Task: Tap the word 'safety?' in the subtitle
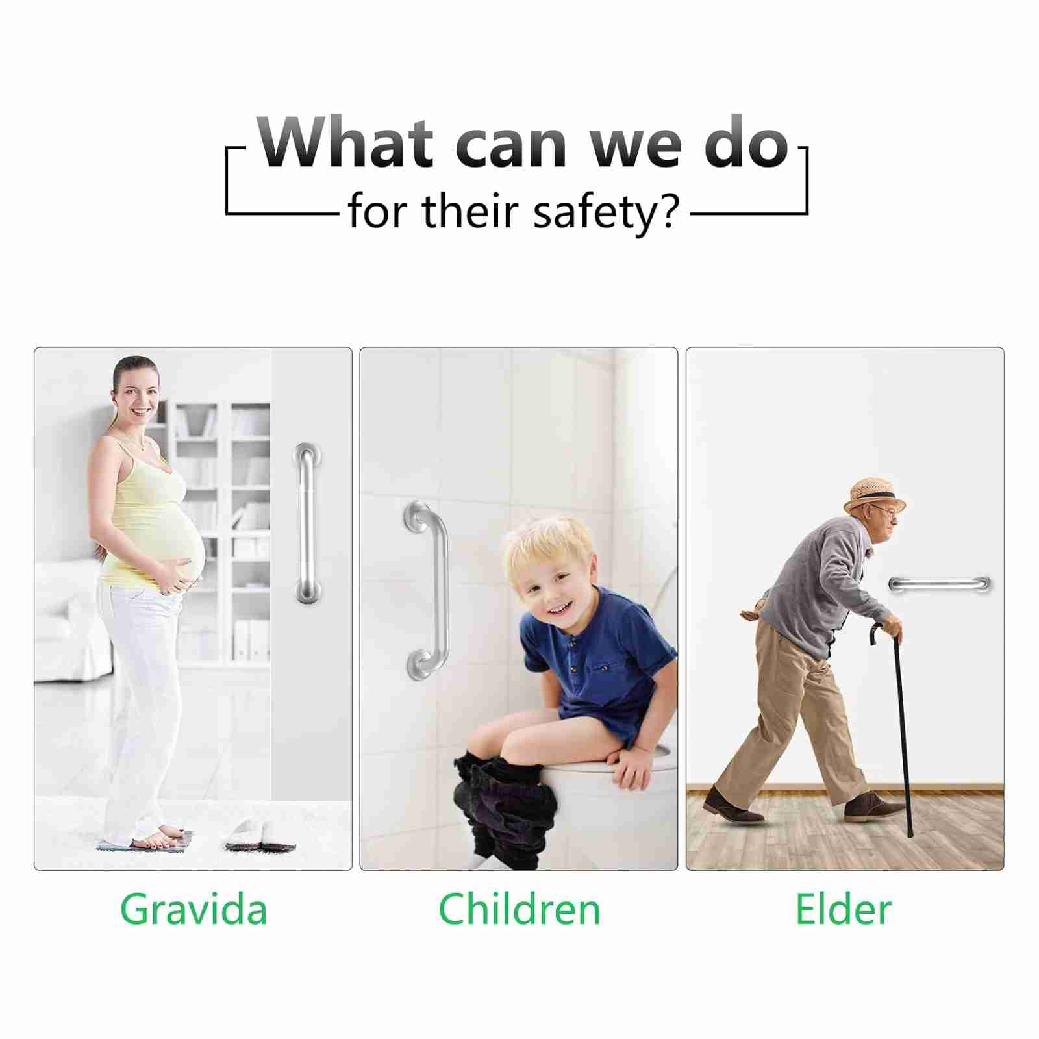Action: [606, 212]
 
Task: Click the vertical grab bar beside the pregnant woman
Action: [307, 523]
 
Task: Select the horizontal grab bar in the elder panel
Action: [939, 583]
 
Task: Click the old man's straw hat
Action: [875, 495]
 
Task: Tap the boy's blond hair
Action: [549, 544]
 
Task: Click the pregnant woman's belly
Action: [179, 542]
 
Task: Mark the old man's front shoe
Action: [873, 807]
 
